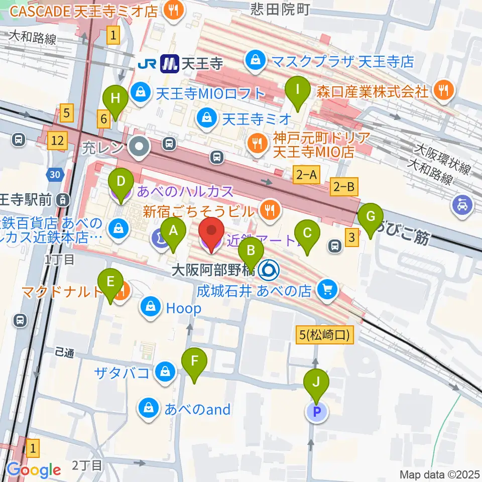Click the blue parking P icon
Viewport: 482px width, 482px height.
tap(316, 412)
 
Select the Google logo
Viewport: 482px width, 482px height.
tap(34, 470)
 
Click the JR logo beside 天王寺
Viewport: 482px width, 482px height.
tap(149, 63)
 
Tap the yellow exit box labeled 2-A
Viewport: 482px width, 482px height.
tap(306, 175)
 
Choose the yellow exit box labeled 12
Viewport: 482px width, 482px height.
tap(56, 142)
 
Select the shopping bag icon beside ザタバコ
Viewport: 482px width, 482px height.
tap(164, 372)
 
